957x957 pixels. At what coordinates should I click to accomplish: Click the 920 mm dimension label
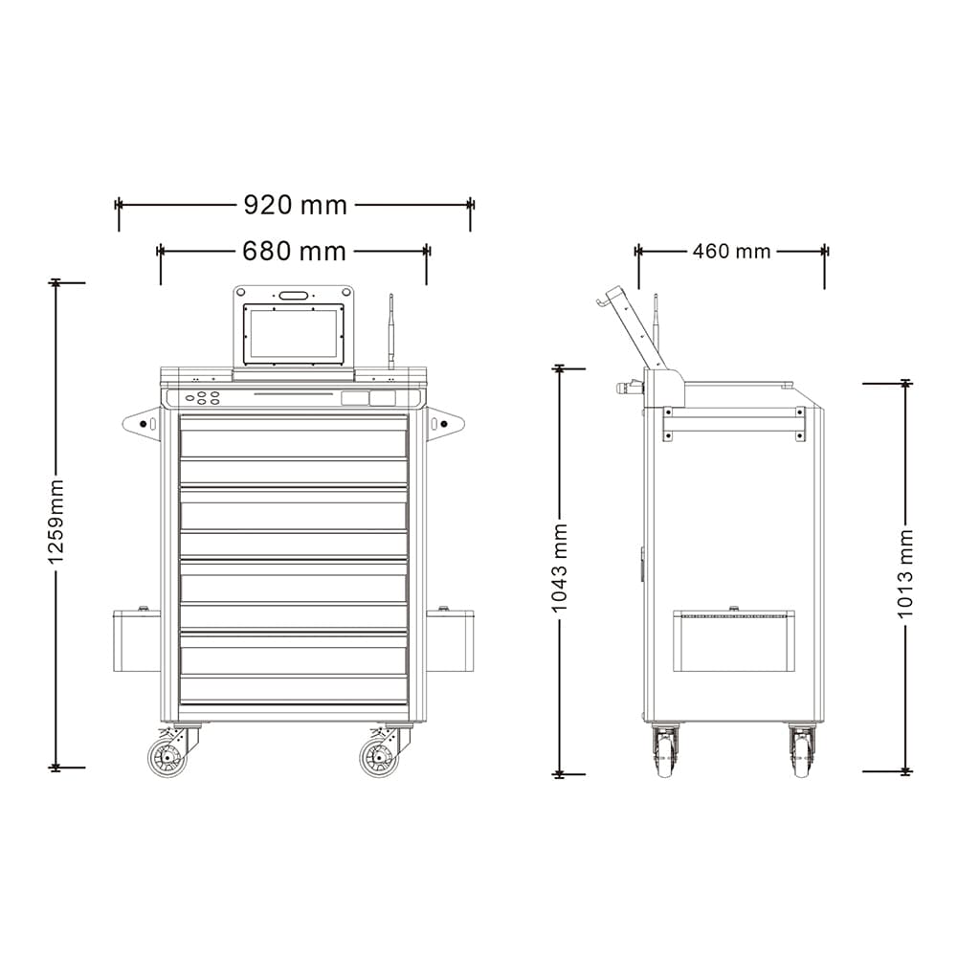click(x=296, y=205)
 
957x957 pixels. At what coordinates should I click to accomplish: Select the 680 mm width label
click(x=294, y=251)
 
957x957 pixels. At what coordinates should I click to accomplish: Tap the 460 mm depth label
click(x=732, y=251)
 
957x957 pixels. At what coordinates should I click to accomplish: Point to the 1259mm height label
click(x=56, y=522)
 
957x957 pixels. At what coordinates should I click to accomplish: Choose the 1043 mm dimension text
click(x=559, y=568)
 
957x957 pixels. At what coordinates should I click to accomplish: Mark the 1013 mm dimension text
click(x=905, y=573)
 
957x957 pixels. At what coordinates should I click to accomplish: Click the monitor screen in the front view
click(x=294, y=334)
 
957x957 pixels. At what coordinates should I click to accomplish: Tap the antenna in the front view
click(x=391, y=331)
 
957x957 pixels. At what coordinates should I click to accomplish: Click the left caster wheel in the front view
click(x=167, y=757)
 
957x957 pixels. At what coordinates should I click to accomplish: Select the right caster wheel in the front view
click(x=379, y=757)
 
